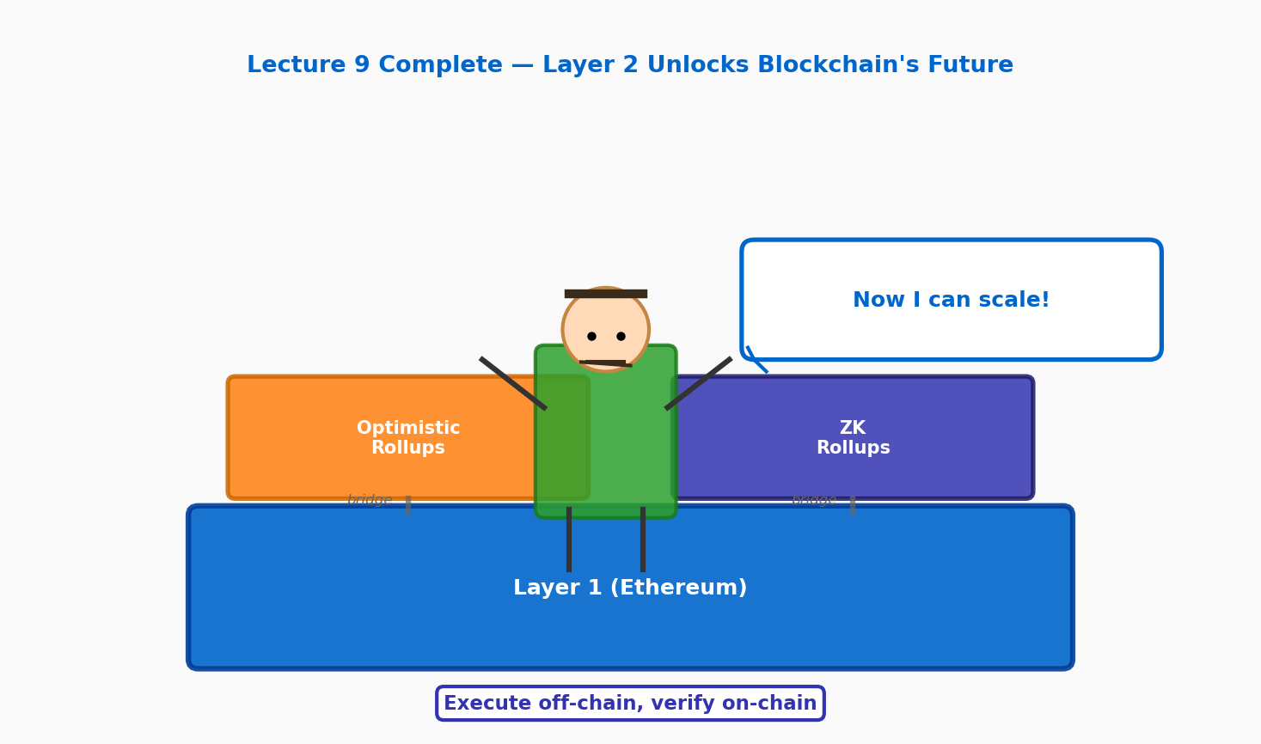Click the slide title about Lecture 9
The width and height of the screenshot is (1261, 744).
coord(629,65)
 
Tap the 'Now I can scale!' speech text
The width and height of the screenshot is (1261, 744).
coord(951,301)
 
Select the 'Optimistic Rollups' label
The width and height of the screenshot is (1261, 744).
coord(408,438)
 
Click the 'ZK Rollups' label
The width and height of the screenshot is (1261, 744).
coord(853,438)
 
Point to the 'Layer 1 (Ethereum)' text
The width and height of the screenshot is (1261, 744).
coord(630,588)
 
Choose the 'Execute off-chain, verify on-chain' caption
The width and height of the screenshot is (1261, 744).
coord(630,704)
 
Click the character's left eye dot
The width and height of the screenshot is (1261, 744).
coord(591,336)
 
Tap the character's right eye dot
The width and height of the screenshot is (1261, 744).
coord(621,336)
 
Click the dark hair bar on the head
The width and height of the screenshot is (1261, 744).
coord(605,294)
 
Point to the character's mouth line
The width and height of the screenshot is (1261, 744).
coord(605,363)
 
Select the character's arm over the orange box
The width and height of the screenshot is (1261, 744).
coord(513,383)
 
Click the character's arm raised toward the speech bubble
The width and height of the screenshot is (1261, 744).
coord(699,383)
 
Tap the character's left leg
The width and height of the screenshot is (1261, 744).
coord(569,540)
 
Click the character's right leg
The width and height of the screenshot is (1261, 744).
coord(643,540)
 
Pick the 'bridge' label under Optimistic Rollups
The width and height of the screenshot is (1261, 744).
coord(370,500)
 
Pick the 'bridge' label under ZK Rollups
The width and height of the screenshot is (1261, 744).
coord(814,500)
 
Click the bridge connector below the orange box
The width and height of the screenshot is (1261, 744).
coord(408,505)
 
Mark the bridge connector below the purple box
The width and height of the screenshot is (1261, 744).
coord(853,505)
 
